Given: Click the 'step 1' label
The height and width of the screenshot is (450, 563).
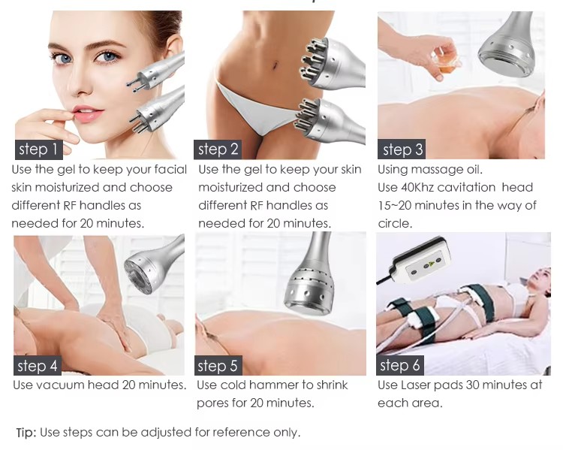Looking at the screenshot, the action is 39,149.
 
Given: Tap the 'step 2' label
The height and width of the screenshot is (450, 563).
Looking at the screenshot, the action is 218,149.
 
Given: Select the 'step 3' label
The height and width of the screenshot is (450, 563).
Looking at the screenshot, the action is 402,149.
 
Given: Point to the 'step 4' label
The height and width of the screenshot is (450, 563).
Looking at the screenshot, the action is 38,366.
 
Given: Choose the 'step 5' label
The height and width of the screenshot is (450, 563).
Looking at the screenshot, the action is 218,366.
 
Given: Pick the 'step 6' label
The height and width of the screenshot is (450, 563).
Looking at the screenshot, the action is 400,366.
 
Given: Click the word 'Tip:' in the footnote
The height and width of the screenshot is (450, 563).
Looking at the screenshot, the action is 26,433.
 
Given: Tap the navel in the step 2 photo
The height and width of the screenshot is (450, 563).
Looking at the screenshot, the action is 275,65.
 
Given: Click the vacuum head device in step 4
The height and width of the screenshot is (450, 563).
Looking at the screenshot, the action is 152,265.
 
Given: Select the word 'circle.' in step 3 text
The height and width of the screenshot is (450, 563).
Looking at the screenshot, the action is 395,224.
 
